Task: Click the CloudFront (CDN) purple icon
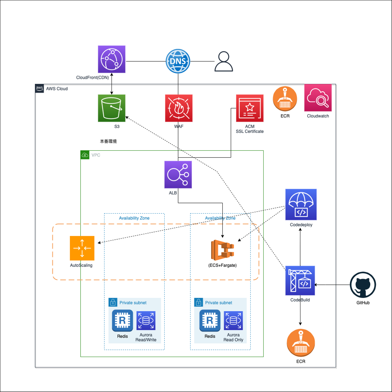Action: point(112,59)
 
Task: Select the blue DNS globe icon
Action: point(178,61)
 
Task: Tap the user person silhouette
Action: point(224,62)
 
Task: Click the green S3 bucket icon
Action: point(112,108)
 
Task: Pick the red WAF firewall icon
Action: point(179,108)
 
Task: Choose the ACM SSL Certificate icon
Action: point(250,108)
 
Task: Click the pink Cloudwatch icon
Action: point(318,98)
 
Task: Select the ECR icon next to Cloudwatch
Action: point(285,99)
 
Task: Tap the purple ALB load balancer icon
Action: point(178,174)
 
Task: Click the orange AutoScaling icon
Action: point(82,248)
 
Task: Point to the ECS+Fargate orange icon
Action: point(222,250)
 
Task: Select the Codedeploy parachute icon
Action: point(301,204)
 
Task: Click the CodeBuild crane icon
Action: point(300,281)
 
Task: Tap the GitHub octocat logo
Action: point(363,285)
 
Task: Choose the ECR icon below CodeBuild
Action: point(301,343)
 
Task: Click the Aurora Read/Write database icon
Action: point(146,320)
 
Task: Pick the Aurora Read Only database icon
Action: point(233,320)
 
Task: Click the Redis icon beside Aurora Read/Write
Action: point(122,320)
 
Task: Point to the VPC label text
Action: point(96,155)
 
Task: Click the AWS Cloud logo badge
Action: point(39,88)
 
